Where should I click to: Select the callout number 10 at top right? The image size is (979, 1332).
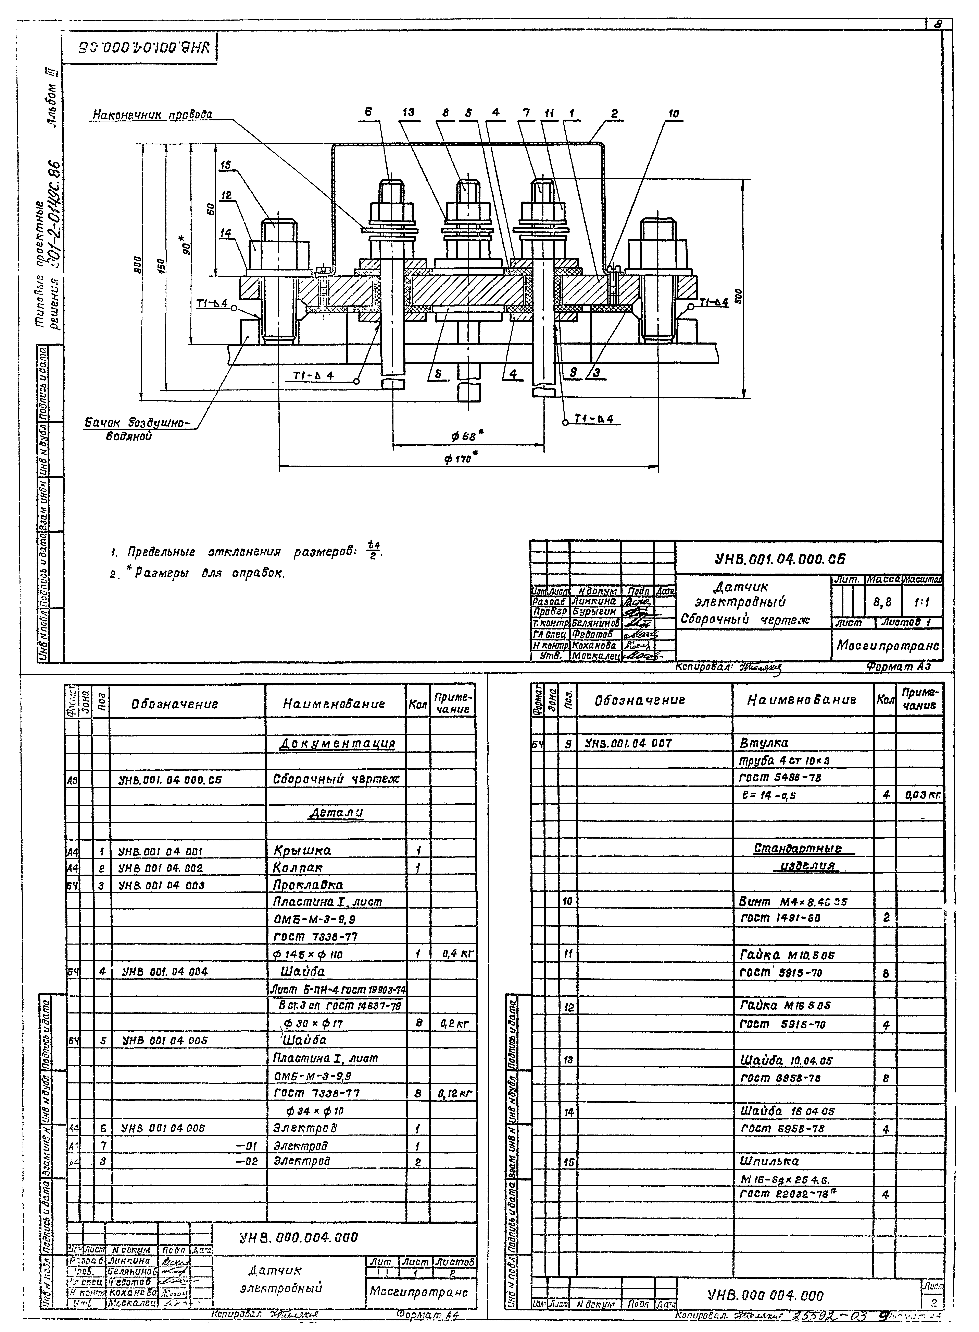click(674, 114)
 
